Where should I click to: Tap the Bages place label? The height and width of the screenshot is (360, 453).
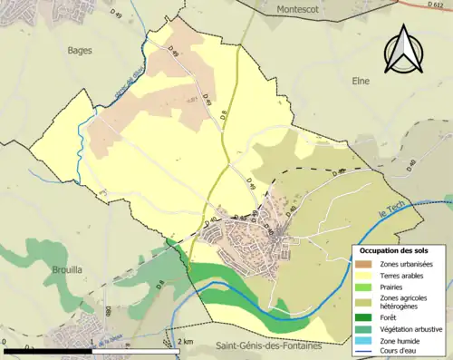coord(80,51)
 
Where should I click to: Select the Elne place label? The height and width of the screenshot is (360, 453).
coord(361,81)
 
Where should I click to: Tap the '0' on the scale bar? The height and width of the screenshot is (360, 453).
coord(5,341)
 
